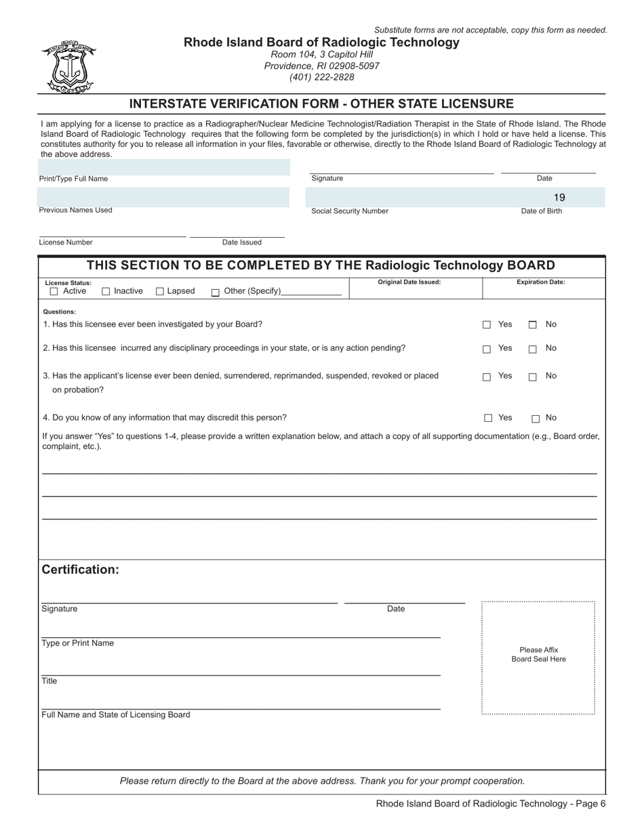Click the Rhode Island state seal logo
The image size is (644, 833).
68,66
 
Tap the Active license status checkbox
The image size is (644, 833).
54,292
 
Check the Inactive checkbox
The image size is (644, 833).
106,292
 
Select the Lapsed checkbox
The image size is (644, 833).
160,292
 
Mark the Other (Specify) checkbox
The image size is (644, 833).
216,293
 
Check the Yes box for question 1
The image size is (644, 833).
487,325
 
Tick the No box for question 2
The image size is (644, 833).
533,349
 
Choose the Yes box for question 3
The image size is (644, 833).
487,377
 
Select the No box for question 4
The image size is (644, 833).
536,419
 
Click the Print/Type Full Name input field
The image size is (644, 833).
163,167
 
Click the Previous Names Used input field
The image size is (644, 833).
163,196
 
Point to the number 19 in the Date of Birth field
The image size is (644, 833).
559,198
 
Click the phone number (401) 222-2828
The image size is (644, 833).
321,77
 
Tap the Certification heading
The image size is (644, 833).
80,570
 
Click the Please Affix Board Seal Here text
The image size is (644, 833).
538,654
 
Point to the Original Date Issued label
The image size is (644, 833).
409,282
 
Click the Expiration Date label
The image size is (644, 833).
540,282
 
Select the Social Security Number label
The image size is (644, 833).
350,211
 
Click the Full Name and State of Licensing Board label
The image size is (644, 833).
116,714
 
